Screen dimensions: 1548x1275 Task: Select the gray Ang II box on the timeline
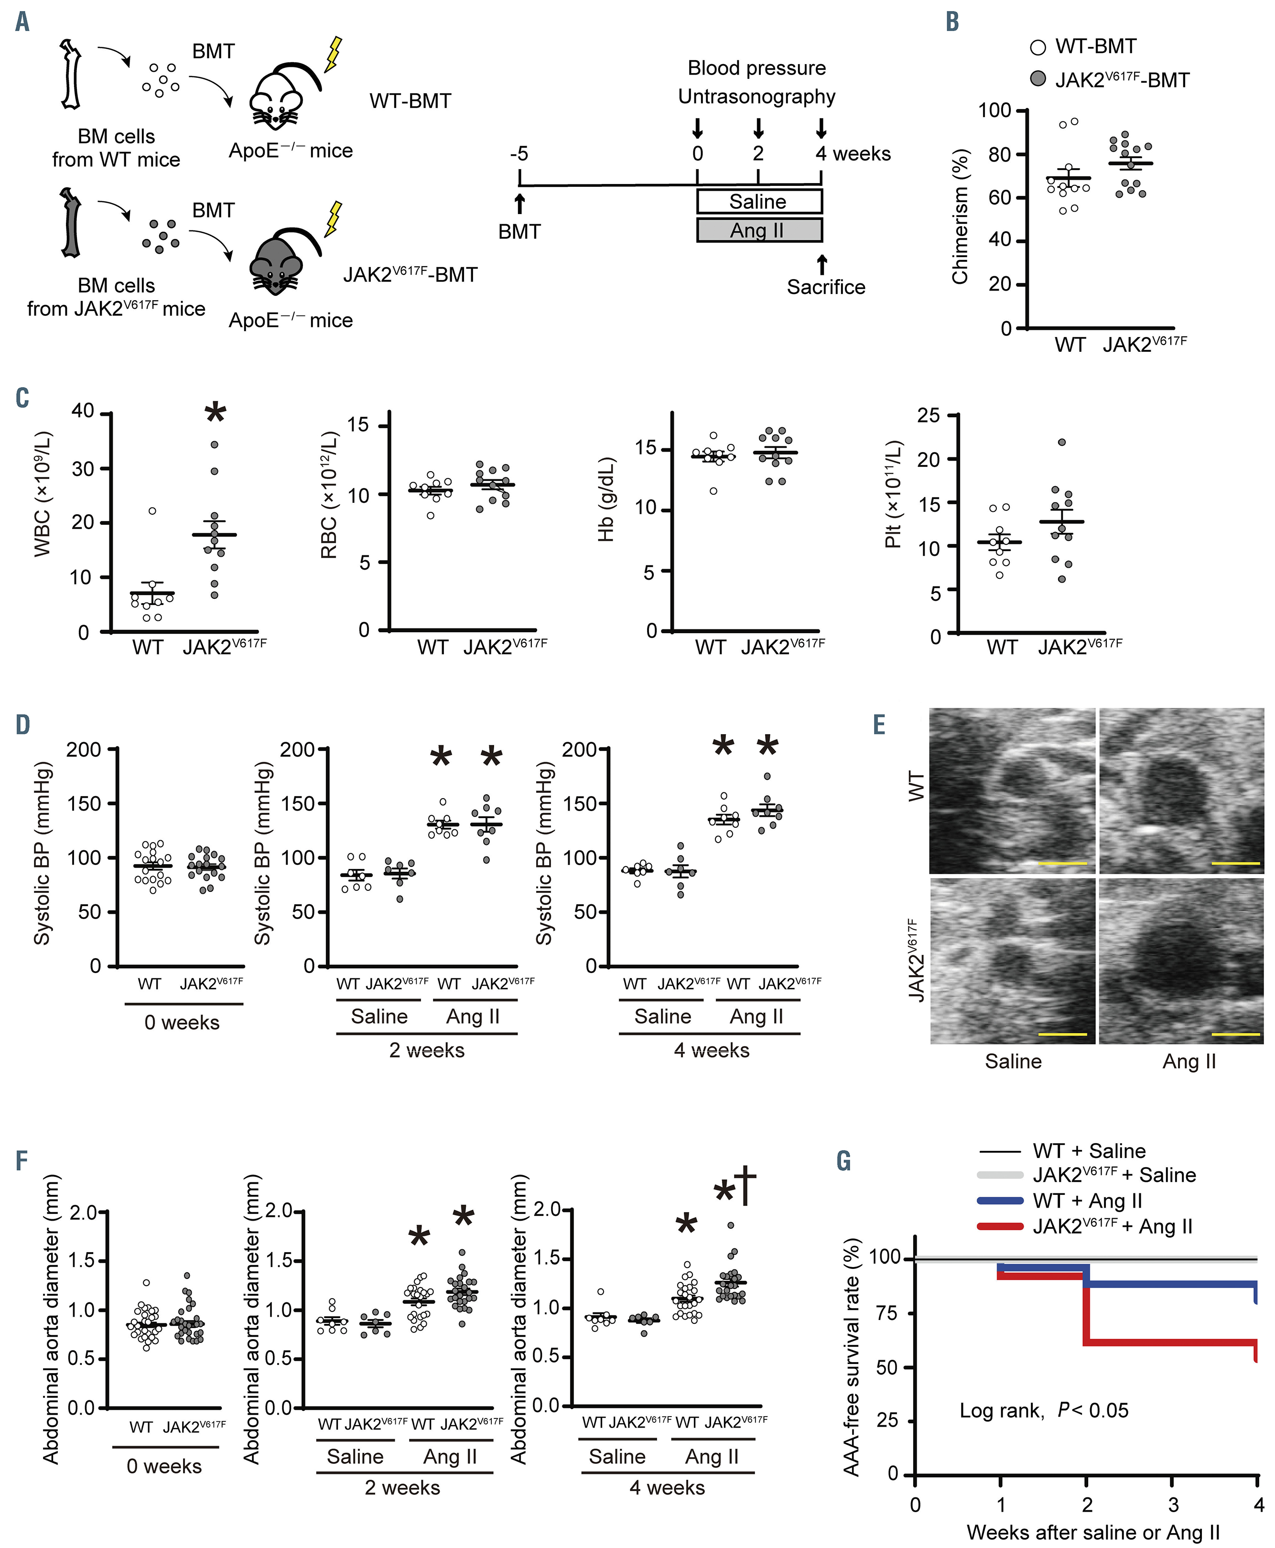coord(759,230)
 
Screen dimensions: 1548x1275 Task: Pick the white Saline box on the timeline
coord(759,201)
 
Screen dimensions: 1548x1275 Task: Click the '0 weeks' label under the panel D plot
coord(182,1022)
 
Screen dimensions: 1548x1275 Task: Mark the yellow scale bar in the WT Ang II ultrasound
coord(1235,863)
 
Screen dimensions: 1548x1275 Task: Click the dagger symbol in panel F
coord(746,1185)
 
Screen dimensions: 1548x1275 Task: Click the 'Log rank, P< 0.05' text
coord(1043,1409)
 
